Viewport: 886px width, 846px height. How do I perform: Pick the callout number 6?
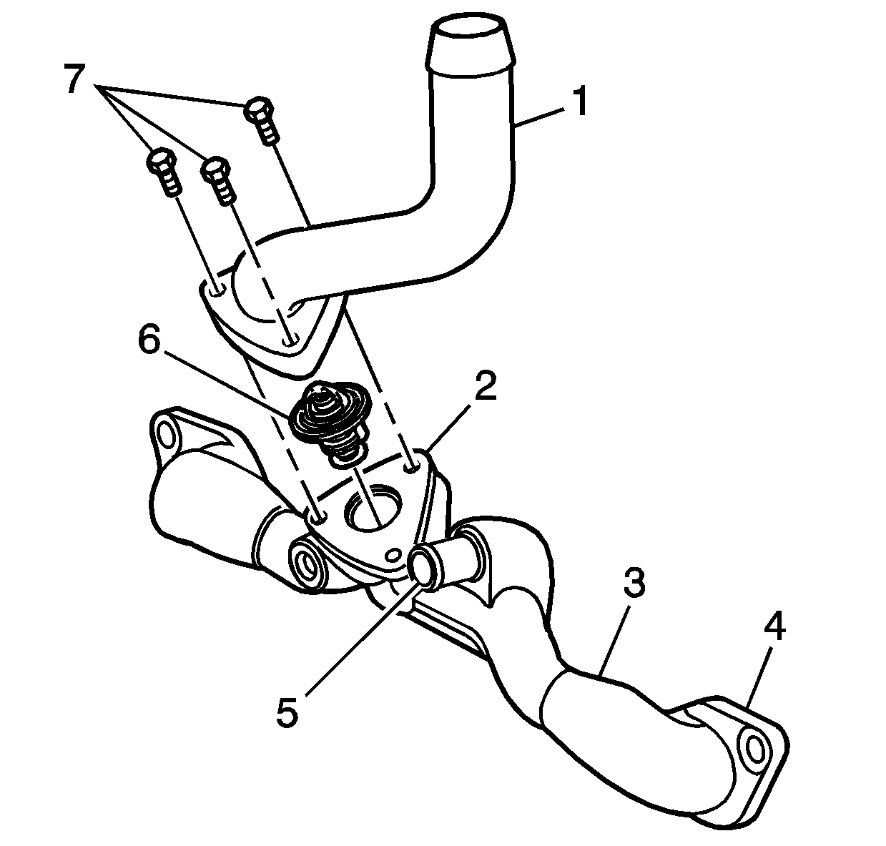point(149,340)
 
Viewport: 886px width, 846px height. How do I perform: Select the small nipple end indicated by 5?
point(423,567)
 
